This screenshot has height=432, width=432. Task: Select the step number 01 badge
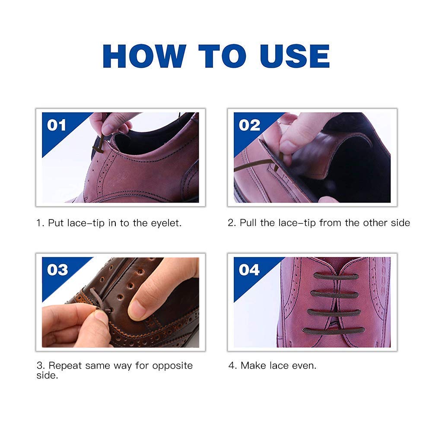[x=57, y=125]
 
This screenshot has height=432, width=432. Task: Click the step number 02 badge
[x=249, y=125]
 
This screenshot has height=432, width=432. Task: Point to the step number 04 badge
[x=249, y=270]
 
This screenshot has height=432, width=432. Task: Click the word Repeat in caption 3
[x=65, y=365]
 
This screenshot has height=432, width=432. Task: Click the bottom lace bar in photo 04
[x=333, y=330]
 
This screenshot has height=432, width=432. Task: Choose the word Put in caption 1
[x=55, y=223]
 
